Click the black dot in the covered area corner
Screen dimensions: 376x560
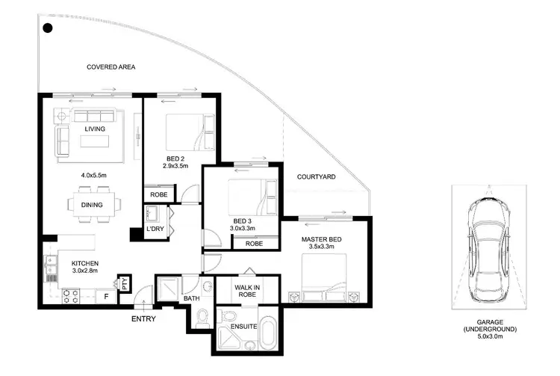point(47,29)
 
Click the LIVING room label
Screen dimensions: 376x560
point(95,129)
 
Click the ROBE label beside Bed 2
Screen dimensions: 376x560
point(158,194)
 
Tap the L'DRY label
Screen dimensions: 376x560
point(155,228)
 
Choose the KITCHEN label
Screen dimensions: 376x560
point(84,263)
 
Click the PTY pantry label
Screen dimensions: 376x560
point(124,283)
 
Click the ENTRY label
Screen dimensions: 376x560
point(143,319)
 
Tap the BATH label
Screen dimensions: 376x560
point(192,299)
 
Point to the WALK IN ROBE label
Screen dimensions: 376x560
point(246,290)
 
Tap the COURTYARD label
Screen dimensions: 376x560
point(316,177)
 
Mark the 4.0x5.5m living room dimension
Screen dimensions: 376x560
point(95,175)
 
